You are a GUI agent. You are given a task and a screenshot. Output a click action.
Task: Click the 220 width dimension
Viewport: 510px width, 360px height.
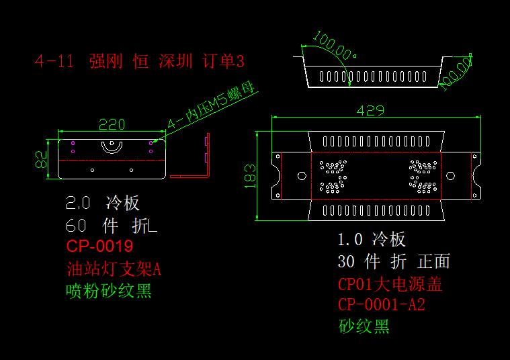(x=112, y=124)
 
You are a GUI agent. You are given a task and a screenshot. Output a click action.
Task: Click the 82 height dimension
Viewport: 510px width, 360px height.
(x=41, y=159)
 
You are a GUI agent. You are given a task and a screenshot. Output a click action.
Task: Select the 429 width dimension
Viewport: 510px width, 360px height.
(x=370, y=110)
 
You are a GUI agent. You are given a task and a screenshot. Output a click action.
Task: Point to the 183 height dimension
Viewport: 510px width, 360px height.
(x=250, y=176)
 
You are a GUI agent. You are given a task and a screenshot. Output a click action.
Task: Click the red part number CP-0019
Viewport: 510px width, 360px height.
(x=99, y=246)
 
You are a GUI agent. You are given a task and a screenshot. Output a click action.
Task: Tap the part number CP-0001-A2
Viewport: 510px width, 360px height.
(x=381, y=305)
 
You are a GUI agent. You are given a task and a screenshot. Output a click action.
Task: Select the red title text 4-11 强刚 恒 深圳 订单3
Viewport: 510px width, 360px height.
(x=140, y=62)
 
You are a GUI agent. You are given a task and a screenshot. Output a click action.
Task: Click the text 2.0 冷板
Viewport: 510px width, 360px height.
(x=103, y=204)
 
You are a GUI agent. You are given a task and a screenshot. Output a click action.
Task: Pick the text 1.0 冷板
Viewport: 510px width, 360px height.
(x=372, y=239)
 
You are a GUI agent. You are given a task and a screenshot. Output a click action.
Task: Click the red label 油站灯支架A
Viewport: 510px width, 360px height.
(x=114, y=269)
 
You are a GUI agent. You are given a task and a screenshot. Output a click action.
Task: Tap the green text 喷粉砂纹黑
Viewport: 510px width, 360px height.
(x=109, y=291)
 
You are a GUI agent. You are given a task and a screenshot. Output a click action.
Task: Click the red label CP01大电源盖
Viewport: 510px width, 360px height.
(x=390, y=284)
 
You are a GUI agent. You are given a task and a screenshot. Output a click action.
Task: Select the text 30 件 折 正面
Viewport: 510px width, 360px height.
(x=393, y=261)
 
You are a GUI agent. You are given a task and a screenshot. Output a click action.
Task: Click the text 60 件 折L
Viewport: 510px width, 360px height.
(x=112, y=226)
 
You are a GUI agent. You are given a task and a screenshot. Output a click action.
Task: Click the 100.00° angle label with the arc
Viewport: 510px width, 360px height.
(x=335, y=48)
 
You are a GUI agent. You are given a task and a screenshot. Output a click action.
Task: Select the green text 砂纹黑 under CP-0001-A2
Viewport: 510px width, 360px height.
(x=364, y=327)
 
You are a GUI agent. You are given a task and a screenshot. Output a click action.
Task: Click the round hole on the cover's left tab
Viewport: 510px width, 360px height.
(x=301, y=176)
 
